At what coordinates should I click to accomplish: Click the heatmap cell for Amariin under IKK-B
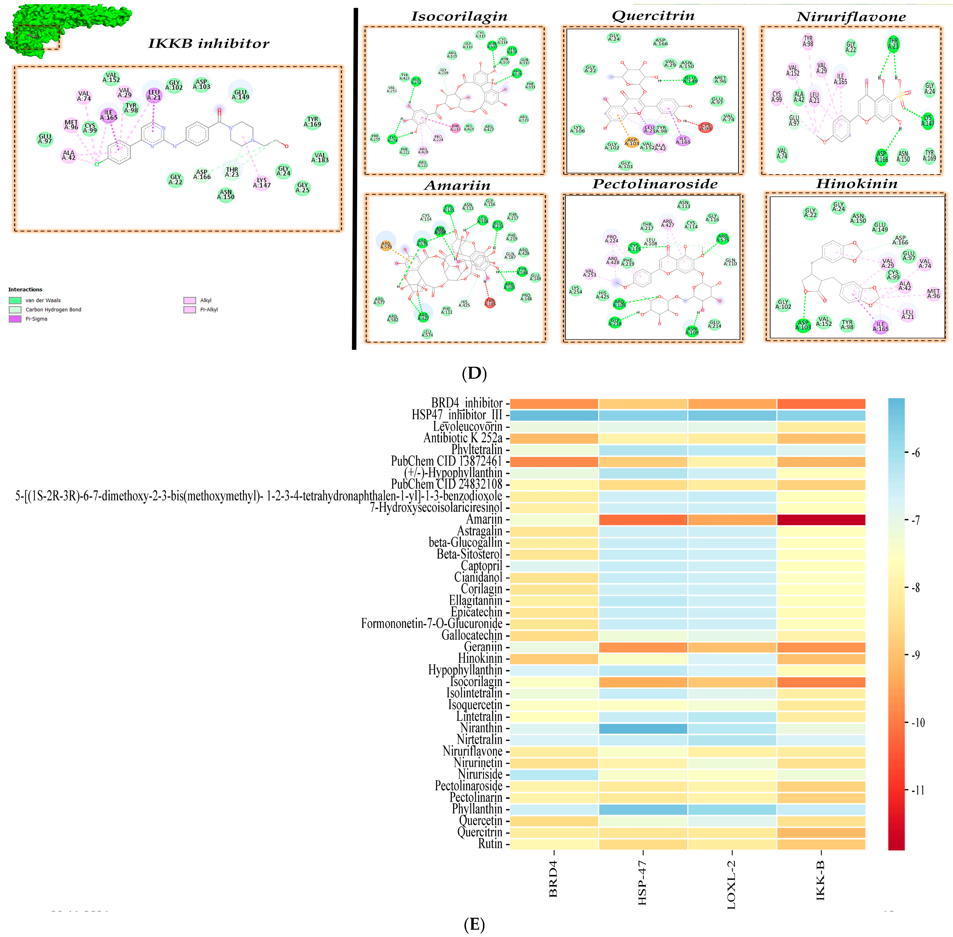(821, 520)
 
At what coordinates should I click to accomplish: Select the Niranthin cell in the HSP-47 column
(643, 728)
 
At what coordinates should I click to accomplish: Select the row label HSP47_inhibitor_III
(457, 415)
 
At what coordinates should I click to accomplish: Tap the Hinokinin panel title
(856, 184)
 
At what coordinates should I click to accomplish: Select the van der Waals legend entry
(43, 300)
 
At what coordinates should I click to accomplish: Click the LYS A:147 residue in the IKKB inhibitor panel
(262, 183)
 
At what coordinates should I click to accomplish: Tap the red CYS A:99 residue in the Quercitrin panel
(705, 127)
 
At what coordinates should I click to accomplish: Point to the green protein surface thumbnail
(67, 27)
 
